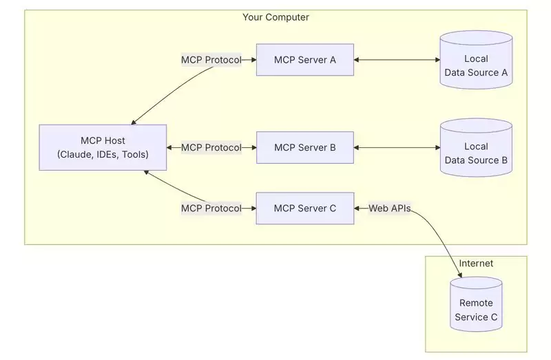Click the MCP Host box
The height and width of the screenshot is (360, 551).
coord(103,147)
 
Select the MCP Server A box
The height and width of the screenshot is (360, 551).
coord(304,60)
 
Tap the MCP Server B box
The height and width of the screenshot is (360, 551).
coord(304,147)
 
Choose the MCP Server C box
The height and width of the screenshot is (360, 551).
coord(304,208)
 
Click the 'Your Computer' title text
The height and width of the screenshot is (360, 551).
coord(275,17)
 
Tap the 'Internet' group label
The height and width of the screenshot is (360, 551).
coord(476,263)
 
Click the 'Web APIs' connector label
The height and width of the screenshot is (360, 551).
coord(390,208)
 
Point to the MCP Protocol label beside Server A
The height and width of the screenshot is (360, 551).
coord(211,60)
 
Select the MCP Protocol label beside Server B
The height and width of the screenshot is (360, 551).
coord(211,147)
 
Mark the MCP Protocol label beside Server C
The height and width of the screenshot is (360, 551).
coord(211,208)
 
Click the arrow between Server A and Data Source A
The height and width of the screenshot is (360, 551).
coord(397,60)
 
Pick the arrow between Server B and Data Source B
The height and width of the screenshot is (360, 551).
coord(397,147)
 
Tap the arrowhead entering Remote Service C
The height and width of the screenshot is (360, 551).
coord(459,275)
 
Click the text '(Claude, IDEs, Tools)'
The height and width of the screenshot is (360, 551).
coord(103,154)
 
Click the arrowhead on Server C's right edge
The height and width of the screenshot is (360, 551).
coord(358,208)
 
